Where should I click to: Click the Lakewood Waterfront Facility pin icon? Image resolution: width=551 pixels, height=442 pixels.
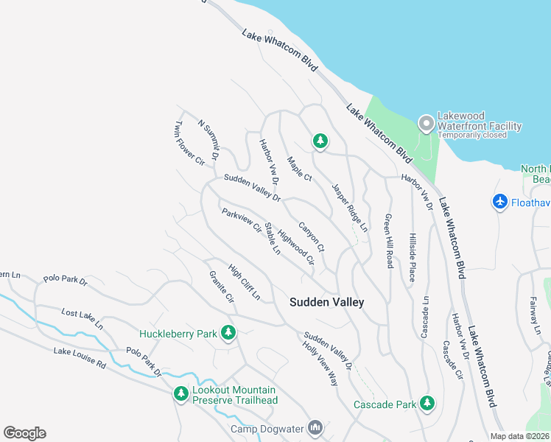tap(425, 123)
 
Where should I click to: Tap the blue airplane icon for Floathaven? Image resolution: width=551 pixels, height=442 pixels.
tap(500, 201)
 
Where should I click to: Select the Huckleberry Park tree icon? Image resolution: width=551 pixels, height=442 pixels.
tap(228, 334)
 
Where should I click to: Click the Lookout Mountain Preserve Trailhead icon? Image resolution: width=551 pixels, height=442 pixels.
tap(180, 394)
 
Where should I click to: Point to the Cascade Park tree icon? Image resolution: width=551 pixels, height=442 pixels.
tap(427, 404)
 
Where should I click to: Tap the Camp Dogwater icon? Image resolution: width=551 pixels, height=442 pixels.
tap(316, 428)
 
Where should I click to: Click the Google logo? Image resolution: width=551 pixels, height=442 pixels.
tap(24, 433)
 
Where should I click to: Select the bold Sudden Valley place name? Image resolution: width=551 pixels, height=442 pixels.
tap(326, 302)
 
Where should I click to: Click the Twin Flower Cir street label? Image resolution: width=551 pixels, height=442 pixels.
tap(189, 144)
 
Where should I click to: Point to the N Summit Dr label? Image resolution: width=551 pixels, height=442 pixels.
tap(209, 141)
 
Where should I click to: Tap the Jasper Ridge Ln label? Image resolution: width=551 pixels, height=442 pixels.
tap(349, 208)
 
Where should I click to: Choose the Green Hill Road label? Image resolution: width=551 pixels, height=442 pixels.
tap(387, 241)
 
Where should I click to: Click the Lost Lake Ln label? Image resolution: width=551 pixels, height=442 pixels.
tap(83, 318)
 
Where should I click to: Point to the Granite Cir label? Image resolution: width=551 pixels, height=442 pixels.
tap(222, 288)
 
